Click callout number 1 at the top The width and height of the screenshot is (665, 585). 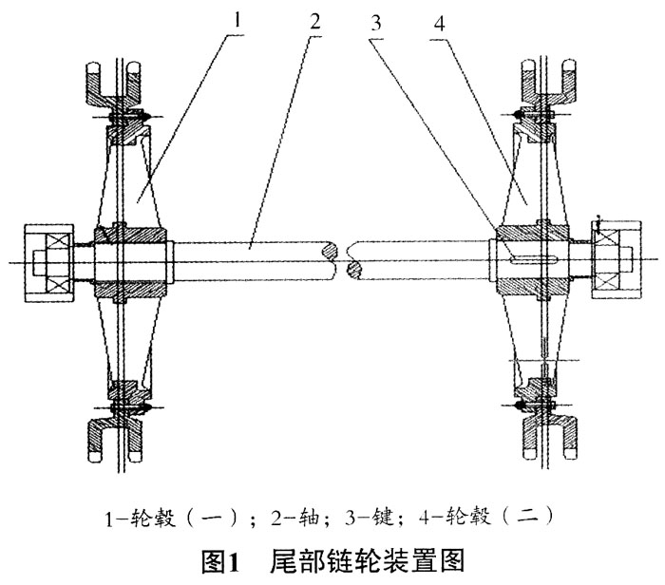237,20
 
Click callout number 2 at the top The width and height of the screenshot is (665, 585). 315,21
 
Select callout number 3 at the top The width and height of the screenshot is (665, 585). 376,24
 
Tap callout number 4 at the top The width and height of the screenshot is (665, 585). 439,24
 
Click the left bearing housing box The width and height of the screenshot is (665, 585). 49,263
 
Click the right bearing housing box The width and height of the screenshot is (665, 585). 616,259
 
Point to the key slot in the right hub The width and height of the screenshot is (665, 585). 533,259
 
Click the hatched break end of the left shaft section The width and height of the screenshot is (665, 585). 332,251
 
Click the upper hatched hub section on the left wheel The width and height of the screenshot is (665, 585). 130,234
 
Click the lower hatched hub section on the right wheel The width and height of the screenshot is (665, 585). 533,287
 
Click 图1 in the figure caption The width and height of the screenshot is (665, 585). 221,561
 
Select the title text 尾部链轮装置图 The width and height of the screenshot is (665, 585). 368,561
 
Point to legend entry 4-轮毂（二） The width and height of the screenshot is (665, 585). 485,518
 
